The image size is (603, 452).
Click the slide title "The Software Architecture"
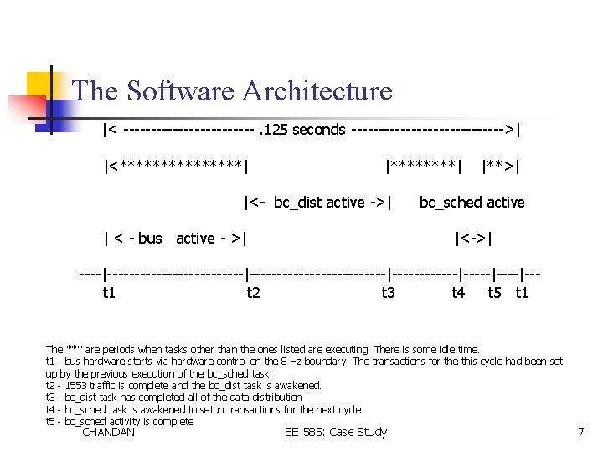(x=232, y=90)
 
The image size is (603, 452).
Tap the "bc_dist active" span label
(x=318, y=202)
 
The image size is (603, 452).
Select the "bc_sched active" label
(x=472, y=202)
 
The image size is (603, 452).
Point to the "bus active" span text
(x=174, y=239)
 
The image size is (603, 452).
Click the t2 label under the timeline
(x=254, y=292)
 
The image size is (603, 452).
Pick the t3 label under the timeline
(x=389, y=292)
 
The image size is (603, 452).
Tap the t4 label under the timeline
(x=458, y=292)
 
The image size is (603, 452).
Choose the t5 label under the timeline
(x=495, y=292)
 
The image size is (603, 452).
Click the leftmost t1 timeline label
(x=109, y=292)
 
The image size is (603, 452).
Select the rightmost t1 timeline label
(x=522, y=292)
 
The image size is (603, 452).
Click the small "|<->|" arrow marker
(x=473, y=239)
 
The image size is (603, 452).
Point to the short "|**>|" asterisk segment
(x=501, y=166)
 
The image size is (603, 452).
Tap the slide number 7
(x=580, y=432)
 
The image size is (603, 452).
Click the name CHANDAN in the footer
(x=109, y=432)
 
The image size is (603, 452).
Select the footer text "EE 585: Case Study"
(x=335, y=432)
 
